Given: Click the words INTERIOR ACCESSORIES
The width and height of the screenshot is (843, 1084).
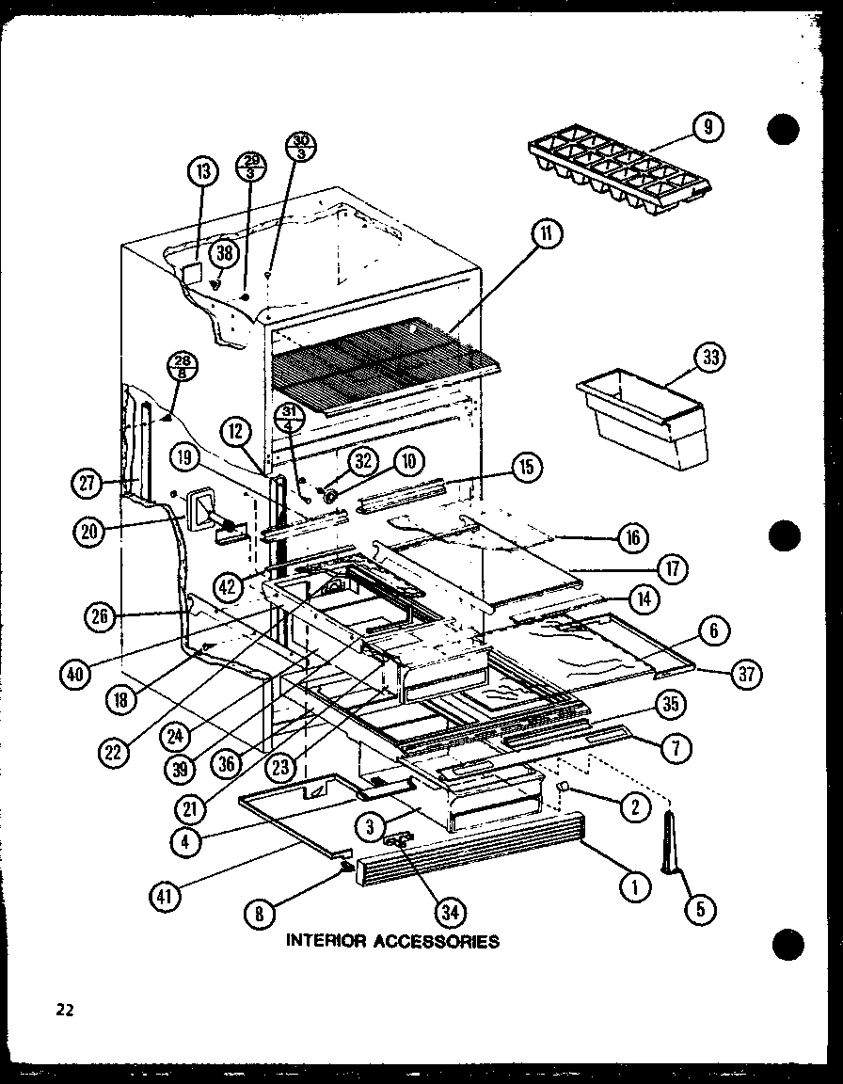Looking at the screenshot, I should [392, 940].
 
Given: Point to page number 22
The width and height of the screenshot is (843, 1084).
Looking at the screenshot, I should [64, 1011].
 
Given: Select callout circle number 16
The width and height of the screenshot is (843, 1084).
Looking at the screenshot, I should [633, 537].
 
